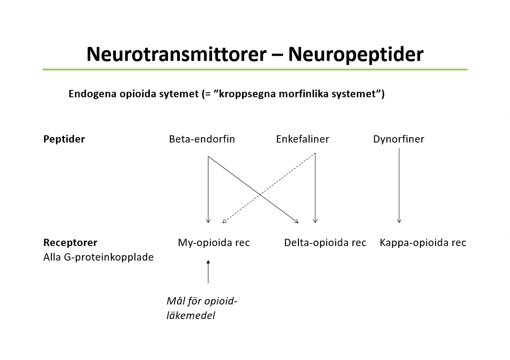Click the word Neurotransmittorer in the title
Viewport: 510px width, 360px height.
point(176,54)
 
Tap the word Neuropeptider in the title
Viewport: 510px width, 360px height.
point(356,54)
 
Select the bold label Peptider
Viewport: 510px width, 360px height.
point(64,139)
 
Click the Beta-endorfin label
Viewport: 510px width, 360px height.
point(202,139)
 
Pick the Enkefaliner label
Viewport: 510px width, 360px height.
point(302,139)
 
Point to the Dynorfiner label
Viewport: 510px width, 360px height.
point(399,139)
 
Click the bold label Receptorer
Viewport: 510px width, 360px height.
point(70,242)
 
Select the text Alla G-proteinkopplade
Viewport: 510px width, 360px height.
point(98,257)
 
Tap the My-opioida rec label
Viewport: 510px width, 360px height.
point(214,242)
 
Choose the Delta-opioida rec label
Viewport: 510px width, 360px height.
point(325,242)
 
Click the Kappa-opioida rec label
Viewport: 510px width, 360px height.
point(423,242)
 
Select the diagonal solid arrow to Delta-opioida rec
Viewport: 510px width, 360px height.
point(236,177)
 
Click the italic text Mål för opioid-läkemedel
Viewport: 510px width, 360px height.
point(202,308)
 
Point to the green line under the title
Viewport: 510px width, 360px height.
point(255,69)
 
